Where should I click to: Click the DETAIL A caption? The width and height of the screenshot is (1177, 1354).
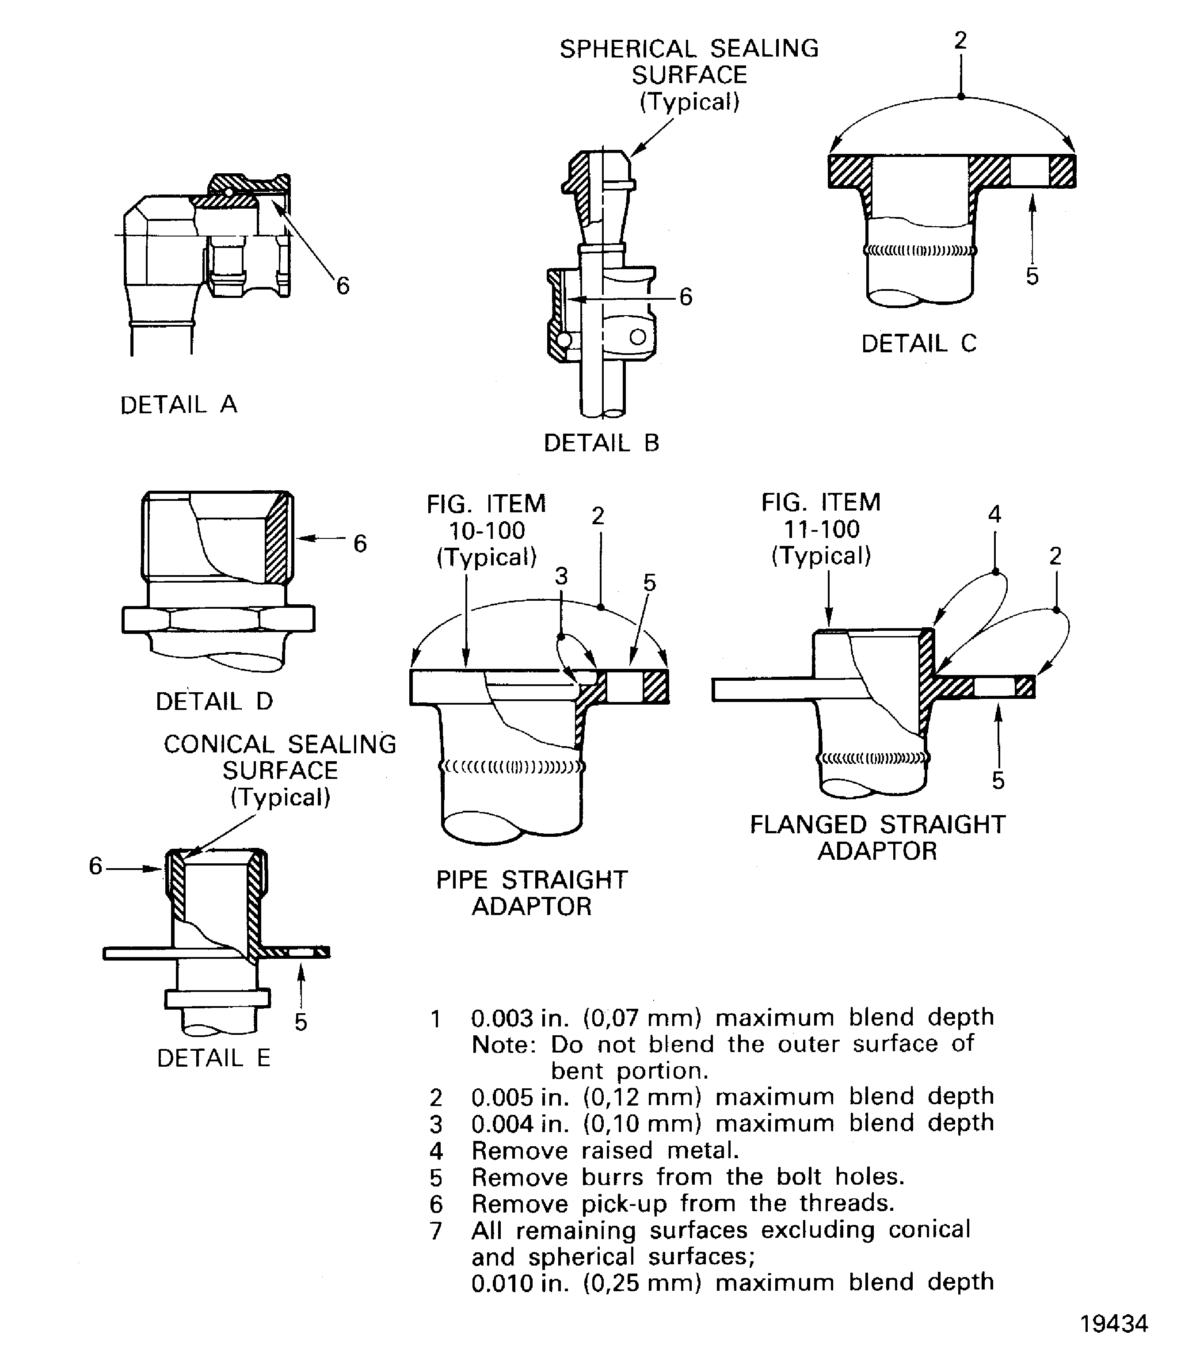[178, 404]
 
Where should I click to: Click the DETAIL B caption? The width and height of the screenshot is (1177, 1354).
[601, 443]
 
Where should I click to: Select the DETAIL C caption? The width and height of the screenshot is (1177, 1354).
[918, 343]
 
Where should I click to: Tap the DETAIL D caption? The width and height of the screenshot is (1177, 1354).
[213, 701]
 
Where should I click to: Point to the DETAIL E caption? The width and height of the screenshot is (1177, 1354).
[213, 1058]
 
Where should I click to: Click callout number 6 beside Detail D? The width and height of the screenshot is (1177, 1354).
[360, 543]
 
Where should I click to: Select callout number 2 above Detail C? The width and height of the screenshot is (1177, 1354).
[960, 41]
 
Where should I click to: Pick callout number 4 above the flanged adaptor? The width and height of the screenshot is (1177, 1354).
[994, 515]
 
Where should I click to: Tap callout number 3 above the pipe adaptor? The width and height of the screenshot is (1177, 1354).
[561, 576]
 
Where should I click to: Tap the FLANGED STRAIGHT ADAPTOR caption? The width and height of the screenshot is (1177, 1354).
[877, 838]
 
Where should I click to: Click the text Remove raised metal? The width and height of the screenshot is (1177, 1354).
[605, 1150]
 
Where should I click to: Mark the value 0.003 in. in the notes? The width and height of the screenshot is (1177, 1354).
[519, 1018]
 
